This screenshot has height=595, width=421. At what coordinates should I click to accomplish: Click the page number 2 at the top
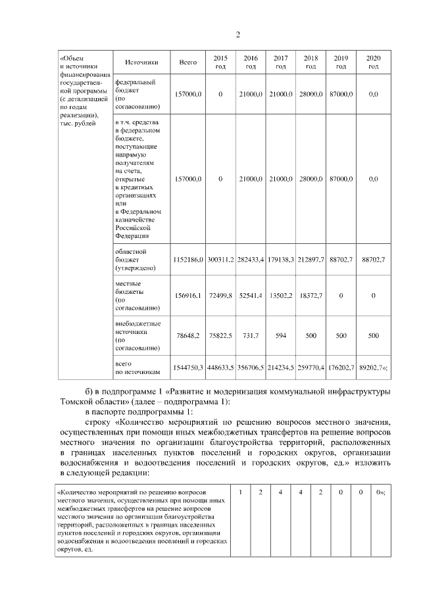click(238, 35)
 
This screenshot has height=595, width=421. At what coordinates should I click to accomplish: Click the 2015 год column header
click(220, 62)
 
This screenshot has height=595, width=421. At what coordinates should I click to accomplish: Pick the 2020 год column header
click(373, 62)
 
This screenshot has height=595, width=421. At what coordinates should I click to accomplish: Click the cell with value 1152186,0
click(188, 260)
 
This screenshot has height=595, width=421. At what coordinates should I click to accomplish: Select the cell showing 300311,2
click(220, 260)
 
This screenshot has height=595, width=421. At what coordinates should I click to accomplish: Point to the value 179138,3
click(281, 260)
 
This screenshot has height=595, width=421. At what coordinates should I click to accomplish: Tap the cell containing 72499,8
click(220, 297)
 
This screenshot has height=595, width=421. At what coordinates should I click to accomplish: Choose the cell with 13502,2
click(281, 297)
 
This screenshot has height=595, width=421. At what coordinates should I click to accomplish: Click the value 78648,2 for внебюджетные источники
click(188, 335)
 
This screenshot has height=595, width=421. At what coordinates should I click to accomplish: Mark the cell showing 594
click(281, 335)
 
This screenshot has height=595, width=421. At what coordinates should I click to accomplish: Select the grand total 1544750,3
click(188, 369)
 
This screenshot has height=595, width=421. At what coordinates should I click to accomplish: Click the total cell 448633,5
click(220, 369)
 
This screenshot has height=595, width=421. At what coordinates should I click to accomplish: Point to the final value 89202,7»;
click(373, 369)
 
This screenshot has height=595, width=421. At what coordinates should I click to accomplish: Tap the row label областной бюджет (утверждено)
click(135, 260)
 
